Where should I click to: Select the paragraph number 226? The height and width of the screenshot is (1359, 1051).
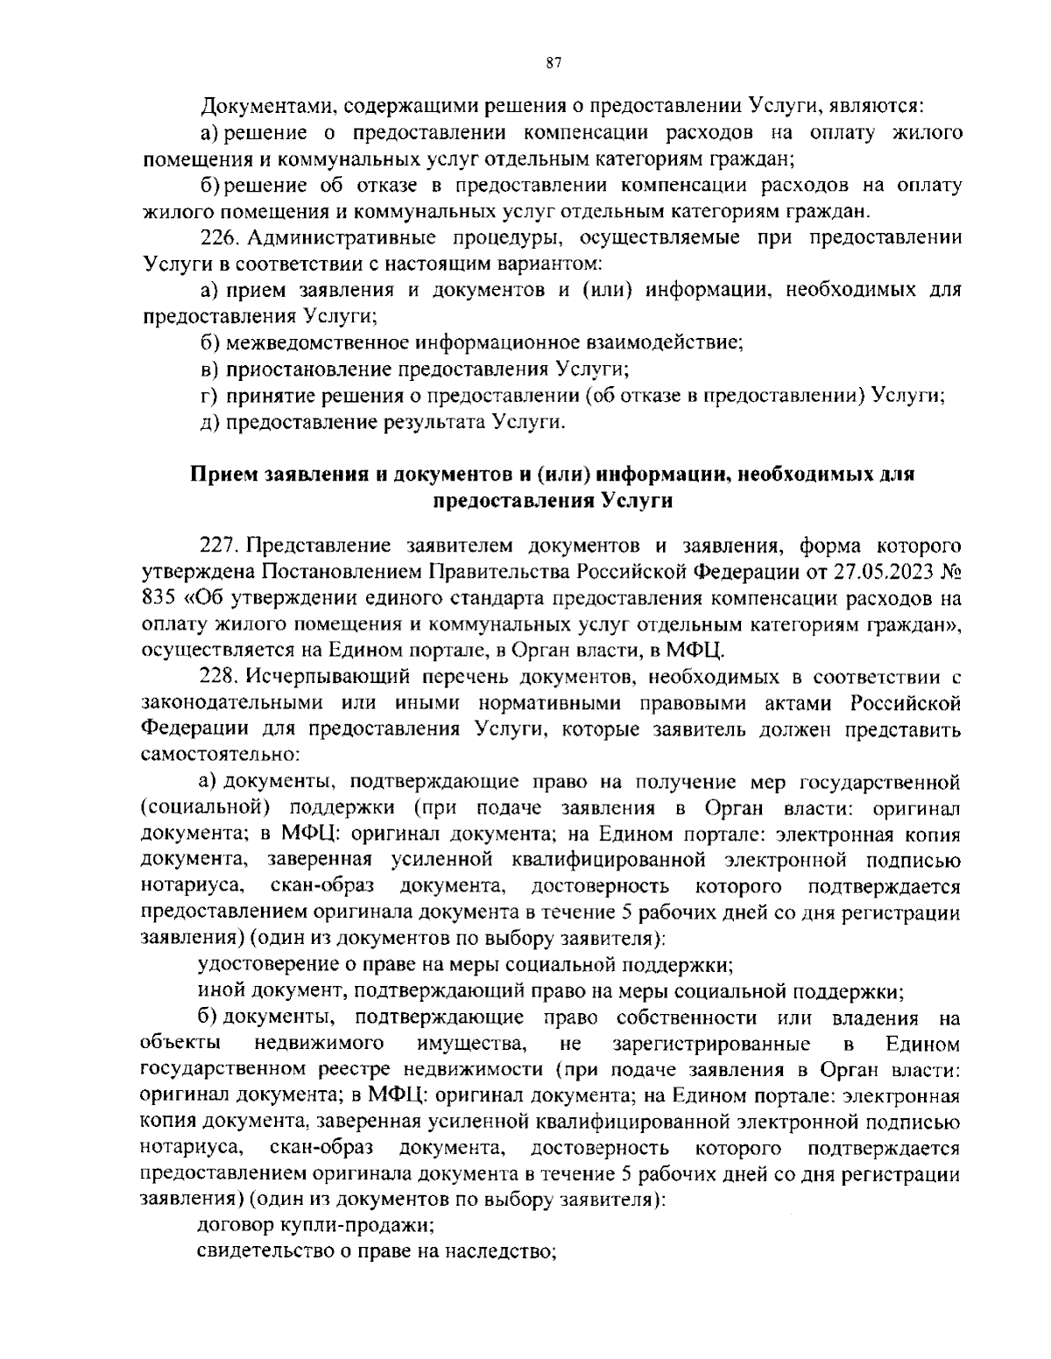pyautogui.click(x=221, y=237)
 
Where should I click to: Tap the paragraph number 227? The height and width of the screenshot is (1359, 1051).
pyautogui.click(x=221, y=546)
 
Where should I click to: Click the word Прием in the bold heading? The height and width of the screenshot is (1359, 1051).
pyautogui.click(x=219, y=475)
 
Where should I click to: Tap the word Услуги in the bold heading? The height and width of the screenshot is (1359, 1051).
pyautogui.click(x=638, y=501)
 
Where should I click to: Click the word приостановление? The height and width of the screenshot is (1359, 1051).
pyautogui.click(x=300, y=369)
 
